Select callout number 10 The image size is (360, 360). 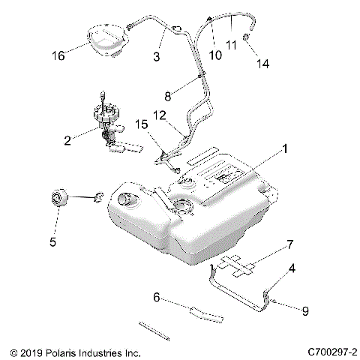click(214, 55)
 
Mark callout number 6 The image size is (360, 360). click(156, 298)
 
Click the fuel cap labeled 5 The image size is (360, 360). click(59, 199)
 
